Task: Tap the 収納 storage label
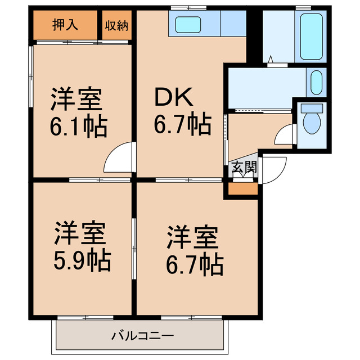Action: click(116, 25)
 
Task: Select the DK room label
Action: click(174, 99)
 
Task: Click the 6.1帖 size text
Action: click(78, 127)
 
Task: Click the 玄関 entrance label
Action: click(244, 167)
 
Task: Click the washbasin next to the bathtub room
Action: click(316, 83)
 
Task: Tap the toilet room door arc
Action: click(285, 136)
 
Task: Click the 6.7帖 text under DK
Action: click(183, 124)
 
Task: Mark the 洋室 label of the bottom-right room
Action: click(191, 237)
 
